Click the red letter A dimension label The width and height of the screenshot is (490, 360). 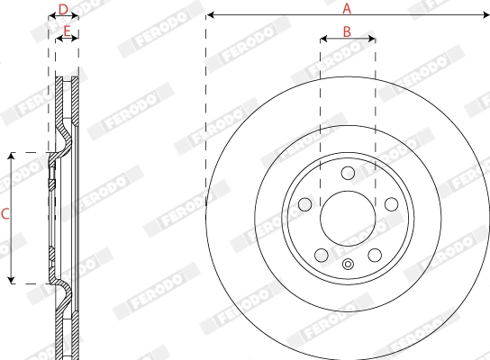point(347,8)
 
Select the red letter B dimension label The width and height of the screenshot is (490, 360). point(347,31)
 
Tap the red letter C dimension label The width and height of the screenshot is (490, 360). point(5,214)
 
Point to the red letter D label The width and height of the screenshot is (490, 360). point(62,9)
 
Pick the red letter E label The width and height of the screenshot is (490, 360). point(66,31)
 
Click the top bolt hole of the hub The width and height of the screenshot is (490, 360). point(348,173)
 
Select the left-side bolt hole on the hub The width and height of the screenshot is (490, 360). point(304,204)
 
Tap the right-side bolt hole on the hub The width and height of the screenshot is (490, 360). point(391,204)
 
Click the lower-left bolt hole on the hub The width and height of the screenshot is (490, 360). point(321,255)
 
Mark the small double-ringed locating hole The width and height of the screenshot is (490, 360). point(348,265)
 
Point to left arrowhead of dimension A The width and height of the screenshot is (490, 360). point(209,15)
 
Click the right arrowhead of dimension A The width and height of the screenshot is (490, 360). point(485,15)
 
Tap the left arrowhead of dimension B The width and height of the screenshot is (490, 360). point(323,39)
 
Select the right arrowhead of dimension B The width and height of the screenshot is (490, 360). point(372,39)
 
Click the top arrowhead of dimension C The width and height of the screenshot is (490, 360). point(12,157)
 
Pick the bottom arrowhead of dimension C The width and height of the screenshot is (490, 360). point(12,279)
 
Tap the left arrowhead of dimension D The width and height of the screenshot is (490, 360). point(50,16)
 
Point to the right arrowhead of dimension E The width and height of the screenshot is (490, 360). point(76,39)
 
